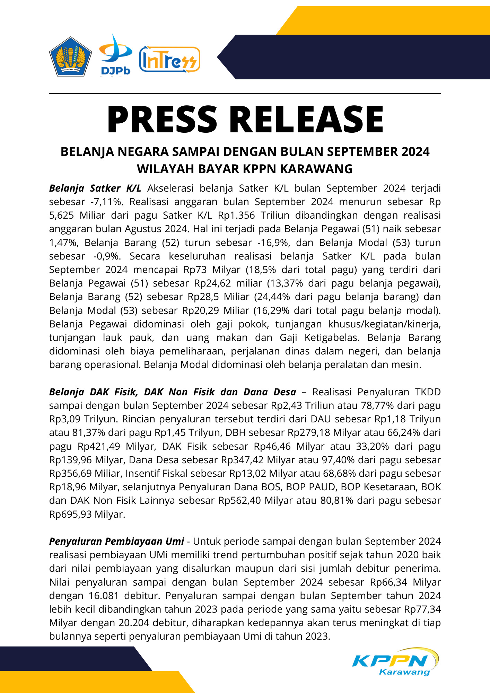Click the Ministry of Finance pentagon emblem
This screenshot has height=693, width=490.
tap(70, 56)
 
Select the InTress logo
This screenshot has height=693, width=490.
tap(169, 60)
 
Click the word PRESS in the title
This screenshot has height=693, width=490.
tap(162, 120)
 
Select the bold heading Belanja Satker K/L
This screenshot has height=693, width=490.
tap(95, 188)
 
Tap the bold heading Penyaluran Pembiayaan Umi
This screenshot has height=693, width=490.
tap(116, 541)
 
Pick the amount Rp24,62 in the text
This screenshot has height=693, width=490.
tap(212, 283)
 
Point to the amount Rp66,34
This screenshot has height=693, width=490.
tap(388, 582)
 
